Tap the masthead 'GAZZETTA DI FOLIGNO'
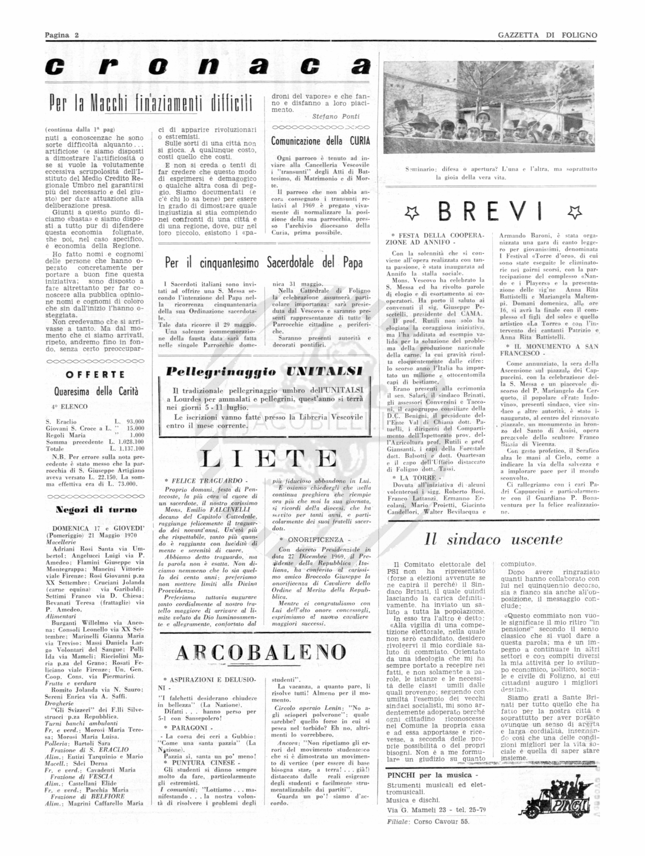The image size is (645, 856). coord(547,35)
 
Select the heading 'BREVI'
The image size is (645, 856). coord(490,212)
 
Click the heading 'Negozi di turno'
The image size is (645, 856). coord(96,510)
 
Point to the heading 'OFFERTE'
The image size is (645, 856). coord(95,375)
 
